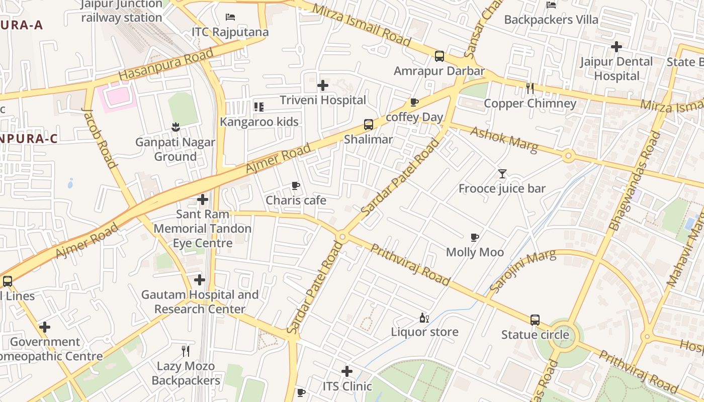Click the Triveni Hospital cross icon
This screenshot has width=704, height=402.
click(x=323, y=85)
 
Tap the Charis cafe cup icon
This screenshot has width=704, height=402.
click(x=296, y=186)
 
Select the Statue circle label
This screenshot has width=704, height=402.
click(x=535, y=335)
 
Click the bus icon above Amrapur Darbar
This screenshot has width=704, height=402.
click(x=439, y=56)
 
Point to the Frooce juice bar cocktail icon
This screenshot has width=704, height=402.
click(x=502, y=174)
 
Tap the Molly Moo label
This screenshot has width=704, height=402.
click(x=475, y=252)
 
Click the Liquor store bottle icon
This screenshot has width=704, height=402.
click(x=424, y=318)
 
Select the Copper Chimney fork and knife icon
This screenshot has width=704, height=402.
click(x=530, y=88)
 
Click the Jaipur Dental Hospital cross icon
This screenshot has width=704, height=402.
click(x=617, y=47)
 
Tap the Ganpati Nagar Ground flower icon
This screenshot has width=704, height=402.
click(x=175, y=127)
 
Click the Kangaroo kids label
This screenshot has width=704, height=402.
click(x=259, y=122)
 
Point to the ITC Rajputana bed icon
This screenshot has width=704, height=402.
click(x=230, y=17)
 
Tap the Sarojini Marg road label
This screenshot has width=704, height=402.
click(x=523, y=271)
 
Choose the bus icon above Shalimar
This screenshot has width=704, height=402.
click(x=369, y=125)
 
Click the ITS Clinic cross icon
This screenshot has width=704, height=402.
click(x=346, y=372)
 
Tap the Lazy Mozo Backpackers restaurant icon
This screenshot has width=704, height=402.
click(x=186, y=351)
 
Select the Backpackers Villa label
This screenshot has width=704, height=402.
click(x=551, y=20)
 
